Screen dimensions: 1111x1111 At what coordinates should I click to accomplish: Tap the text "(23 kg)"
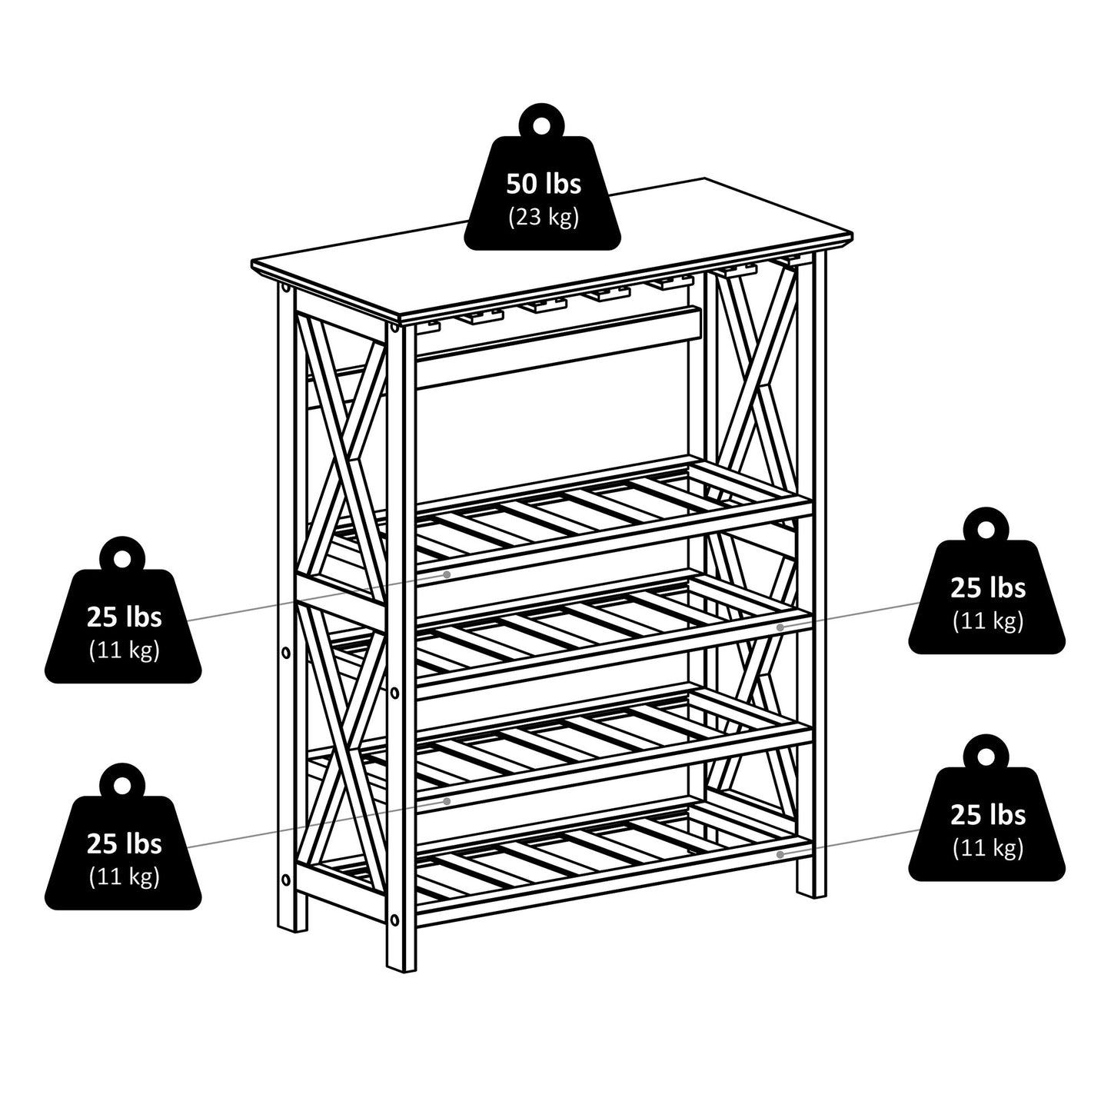click(543, 218)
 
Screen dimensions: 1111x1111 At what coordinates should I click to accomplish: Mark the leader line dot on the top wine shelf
click(447, 574)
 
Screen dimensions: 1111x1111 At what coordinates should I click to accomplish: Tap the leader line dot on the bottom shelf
click(780, 853)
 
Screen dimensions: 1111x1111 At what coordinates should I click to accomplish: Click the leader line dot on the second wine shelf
click(780, 627)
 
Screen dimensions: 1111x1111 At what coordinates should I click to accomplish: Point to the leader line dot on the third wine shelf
click(447, 801)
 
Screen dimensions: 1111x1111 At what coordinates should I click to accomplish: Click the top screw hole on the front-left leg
click(394, 328)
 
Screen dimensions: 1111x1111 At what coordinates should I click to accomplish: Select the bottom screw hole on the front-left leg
click(394, 918)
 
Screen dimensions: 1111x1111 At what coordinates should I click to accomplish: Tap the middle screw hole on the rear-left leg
click(286, 653)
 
